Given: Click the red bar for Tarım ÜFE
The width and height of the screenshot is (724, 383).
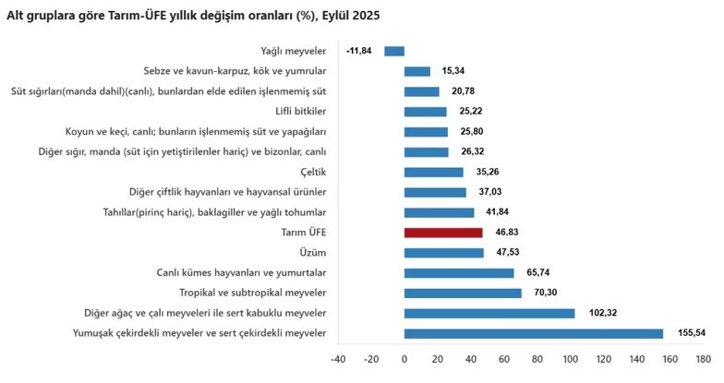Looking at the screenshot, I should click(430, 233).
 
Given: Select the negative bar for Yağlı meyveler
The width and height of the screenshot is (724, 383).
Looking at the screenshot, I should click(394, 51).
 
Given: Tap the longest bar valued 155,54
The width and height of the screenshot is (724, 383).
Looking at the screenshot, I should click(533, 333).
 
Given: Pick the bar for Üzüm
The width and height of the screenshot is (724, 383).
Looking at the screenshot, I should click(443, 253).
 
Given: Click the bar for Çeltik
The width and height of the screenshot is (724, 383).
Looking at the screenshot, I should click(433, 172).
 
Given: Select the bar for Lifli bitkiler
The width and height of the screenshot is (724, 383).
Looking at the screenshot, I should click(425, 112).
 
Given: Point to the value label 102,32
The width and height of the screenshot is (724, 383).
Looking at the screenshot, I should click(603, 313).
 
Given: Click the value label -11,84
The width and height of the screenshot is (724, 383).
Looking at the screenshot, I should click(360, 51).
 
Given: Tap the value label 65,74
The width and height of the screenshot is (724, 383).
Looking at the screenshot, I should click(543, 273).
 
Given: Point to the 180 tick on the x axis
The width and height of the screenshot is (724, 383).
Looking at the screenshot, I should click(702, 359).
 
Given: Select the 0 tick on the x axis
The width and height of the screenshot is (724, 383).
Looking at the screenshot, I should click(404, 359).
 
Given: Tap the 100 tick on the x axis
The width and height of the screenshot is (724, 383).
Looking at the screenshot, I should click(570, 359).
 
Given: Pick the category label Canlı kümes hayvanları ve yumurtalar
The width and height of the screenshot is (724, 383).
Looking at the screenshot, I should click(241, 273).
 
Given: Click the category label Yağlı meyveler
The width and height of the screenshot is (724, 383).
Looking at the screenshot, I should click(294, 51).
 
